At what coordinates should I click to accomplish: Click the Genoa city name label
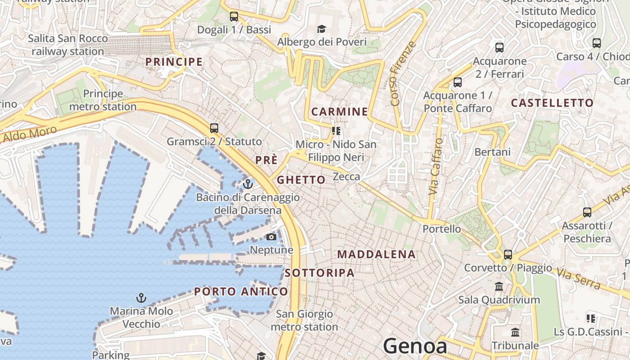click(415, 346)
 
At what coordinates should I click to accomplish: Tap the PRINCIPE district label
click(174, 62)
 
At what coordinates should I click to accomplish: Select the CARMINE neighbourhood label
click(340, 112)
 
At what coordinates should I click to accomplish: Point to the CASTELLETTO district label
click(552, 103)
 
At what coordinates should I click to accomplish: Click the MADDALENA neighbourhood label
click(376, 254)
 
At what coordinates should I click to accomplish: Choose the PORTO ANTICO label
click(241, 292)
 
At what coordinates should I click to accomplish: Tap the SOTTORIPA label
click(319, 273)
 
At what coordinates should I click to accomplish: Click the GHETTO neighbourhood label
click(301, 180)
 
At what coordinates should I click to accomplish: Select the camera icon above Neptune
click(271, 237)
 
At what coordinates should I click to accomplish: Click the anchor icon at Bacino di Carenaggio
click(248, 184)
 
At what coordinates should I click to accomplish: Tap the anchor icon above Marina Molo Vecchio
click(141, 298)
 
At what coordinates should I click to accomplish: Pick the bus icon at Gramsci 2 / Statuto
click(214, 128)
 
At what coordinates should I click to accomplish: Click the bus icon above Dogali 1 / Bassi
click(234, 17)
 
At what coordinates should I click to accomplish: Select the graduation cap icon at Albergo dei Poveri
click(321, 29)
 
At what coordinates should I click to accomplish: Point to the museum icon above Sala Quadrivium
click(499, 287)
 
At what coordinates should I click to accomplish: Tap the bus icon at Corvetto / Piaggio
click(508, 255)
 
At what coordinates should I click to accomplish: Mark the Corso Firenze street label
click(403, 74)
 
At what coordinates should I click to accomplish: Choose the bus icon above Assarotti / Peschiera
click(587, 212)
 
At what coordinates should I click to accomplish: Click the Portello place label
click(441, 229)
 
